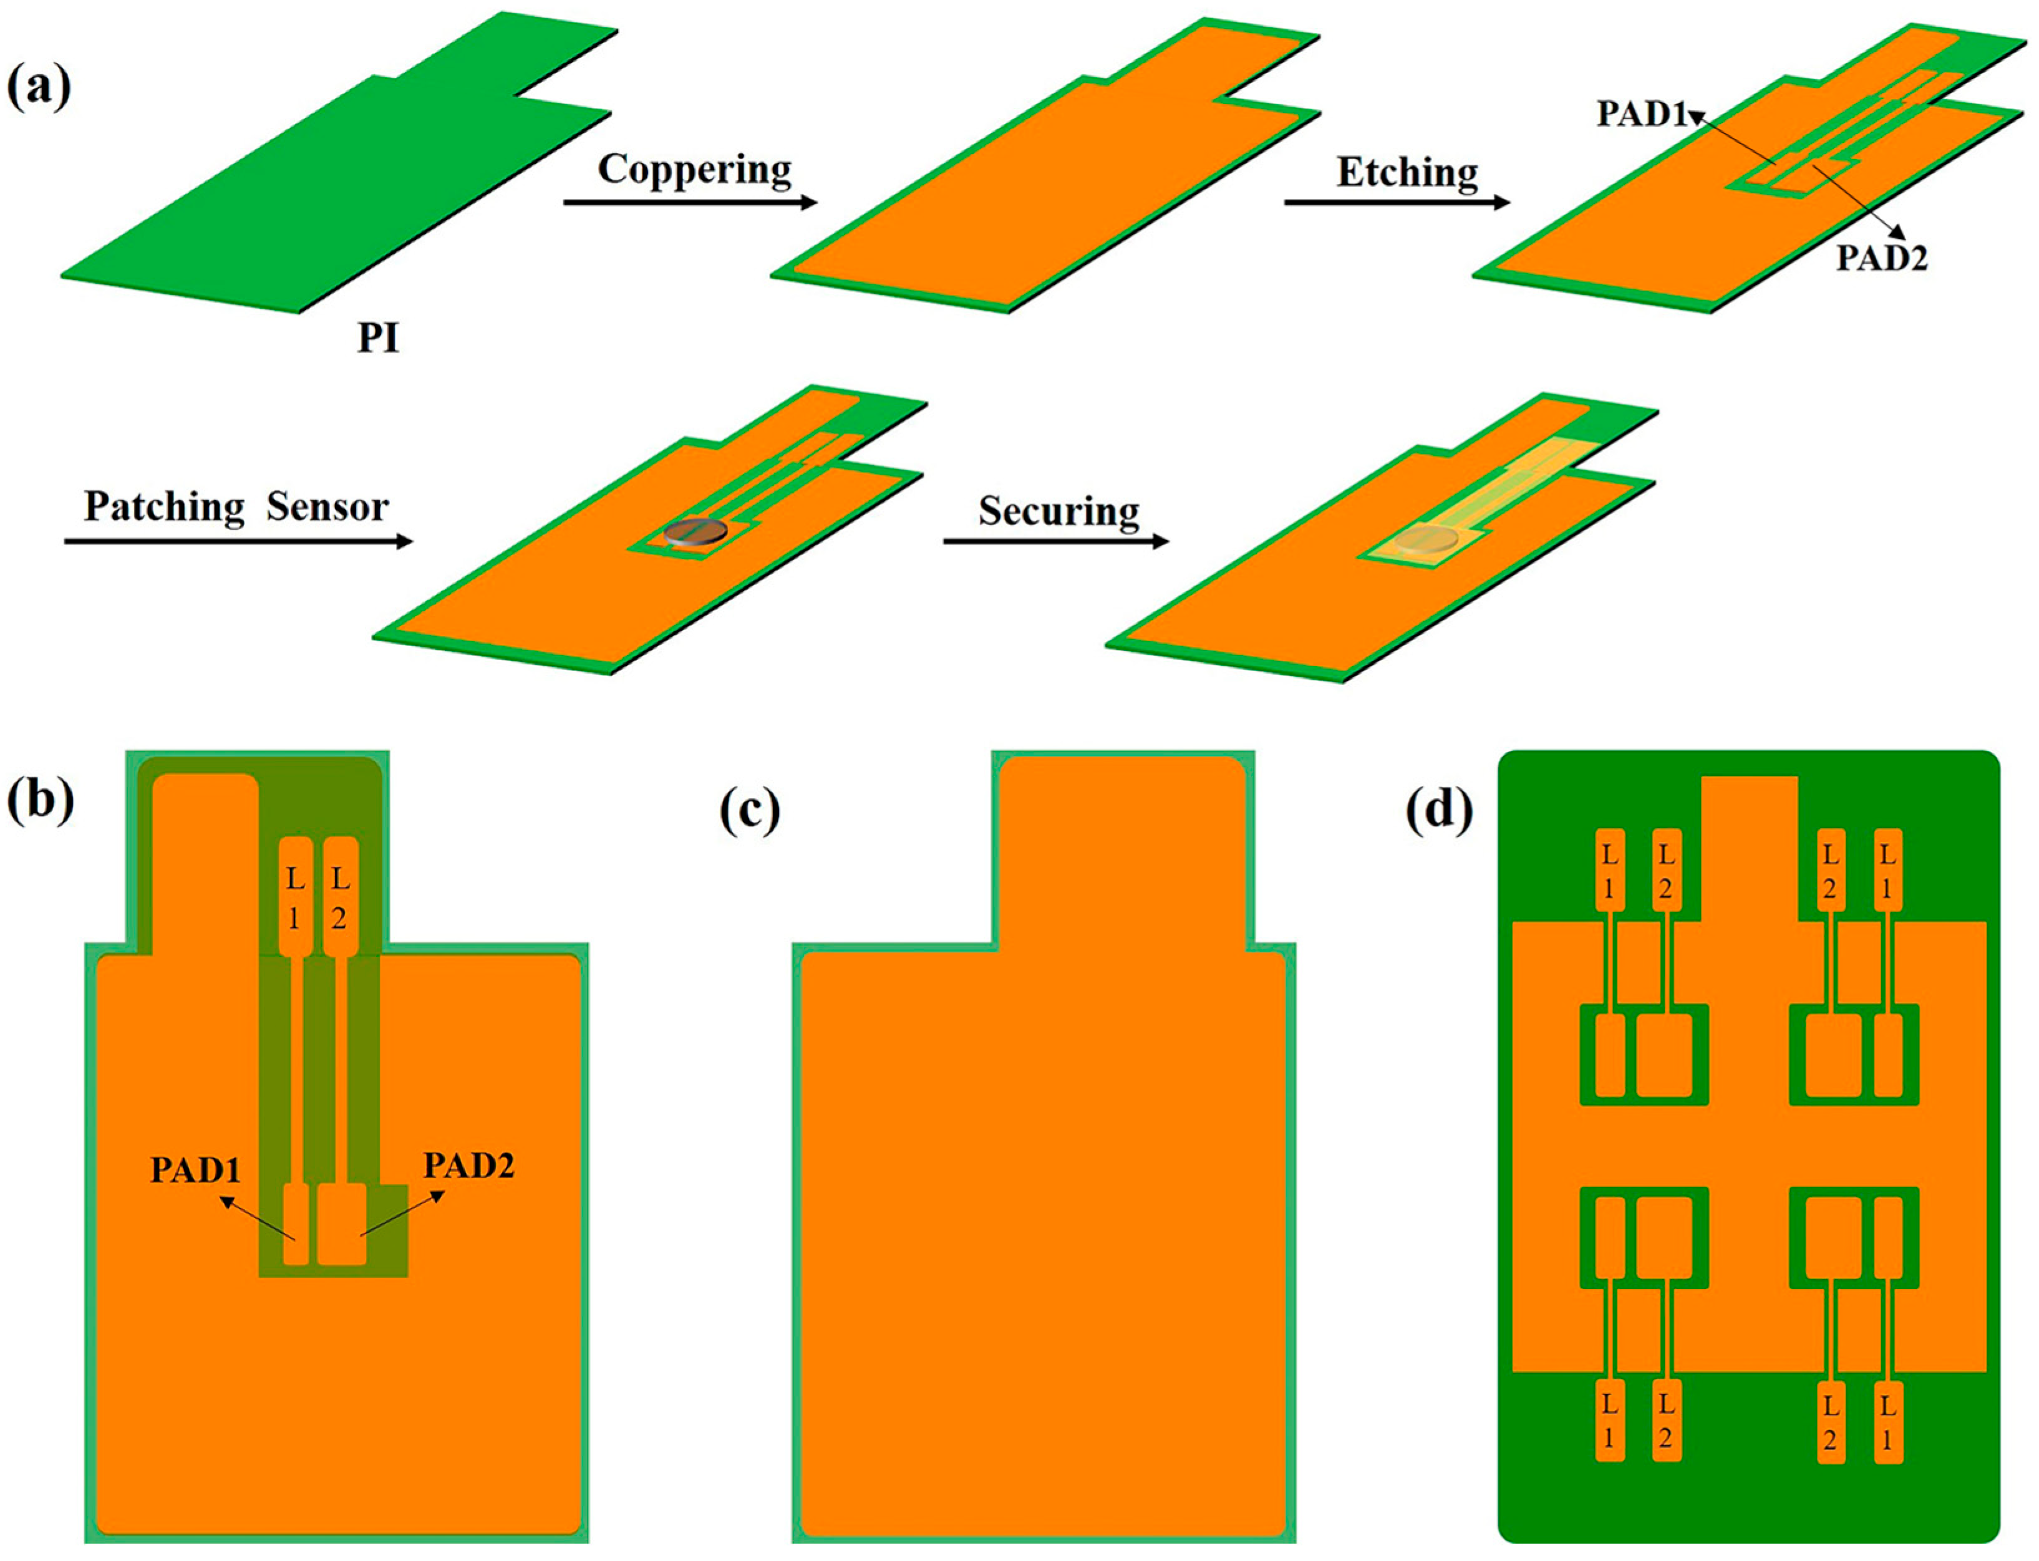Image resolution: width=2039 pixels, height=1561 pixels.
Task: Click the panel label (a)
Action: [39, 89]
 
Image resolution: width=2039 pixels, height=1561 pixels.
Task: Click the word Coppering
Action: [694, 170]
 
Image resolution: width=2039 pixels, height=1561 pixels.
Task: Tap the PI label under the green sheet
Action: [378, 338]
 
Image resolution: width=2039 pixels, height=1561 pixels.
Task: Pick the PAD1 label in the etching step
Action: [1641, 114]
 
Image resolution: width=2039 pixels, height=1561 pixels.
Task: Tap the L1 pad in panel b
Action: [294, 897]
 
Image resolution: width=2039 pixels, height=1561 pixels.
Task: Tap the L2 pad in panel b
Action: [339, 897]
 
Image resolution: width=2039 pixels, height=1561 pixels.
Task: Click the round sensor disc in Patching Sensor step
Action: [695, 533]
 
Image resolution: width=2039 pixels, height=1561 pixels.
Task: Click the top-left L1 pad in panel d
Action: [1610, 871]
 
